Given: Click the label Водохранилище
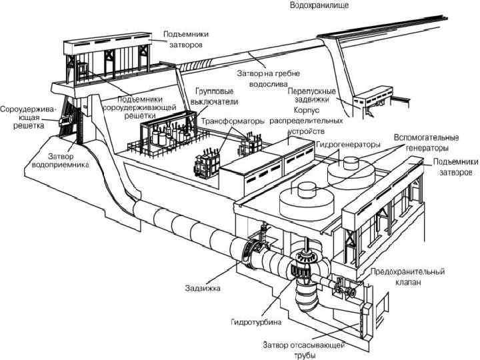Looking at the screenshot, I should click(317, 5).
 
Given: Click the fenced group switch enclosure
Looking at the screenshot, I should click(162, 137).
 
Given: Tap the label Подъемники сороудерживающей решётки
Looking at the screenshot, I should click(144, 101).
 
